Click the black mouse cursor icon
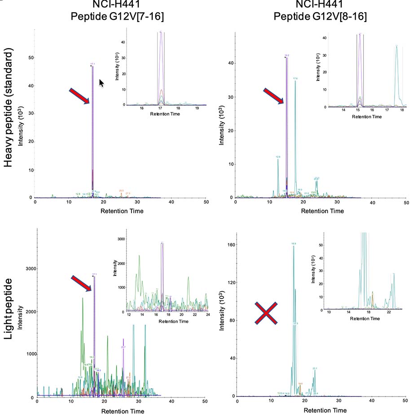(101, 83)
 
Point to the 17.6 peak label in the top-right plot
(295, 79)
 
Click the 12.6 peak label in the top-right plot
(278, 157)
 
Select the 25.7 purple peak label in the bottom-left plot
(123, 348)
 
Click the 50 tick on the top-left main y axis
(31, 58)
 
